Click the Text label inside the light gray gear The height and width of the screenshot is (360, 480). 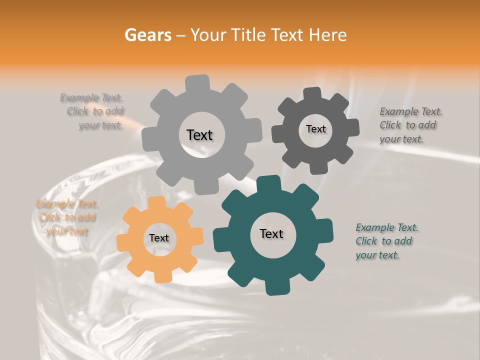[x=199, y=135]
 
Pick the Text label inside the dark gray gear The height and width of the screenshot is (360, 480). [x=315, y=129]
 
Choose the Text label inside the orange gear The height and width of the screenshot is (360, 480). [x=159, y=238]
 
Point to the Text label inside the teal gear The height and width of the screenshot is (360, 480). [x=271, y=233]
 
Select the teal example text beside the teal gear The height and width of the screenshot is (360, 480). [x=387, y=241]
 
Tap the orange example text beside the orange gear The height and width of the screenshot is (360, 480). [x=67, y=217]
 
